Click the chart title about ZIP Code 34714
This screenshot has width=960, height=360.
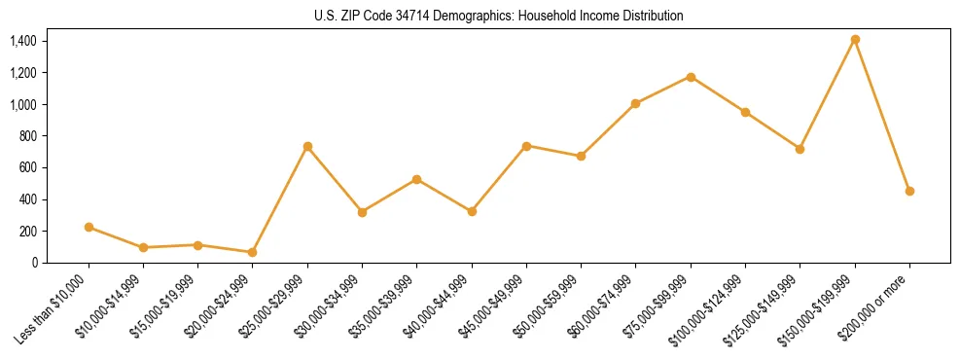pos(499,16)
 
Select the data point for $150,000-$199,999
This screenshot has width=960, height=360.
pos(855,40)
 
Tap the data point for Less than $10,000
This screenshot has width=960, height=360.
pos(89,227)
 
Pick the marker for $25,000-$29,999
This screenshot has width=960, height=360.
pos(307,146)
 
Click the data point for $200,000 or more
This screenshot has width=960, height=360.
pos(909,191)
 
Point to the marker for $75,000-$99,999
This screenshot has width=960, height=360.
pos(691,77)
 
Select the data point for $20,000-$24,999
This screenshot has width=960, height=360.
pos(253,252)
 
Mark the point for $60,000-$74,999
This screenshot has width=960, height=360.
pos(636,103)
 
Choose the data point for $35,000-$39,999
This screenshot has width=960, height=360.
pos(417,179)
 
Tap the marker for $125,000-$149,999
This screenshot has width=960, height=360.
pos(800,149)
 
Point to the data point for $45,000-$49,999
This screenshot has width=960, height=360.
pos(526,146)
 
